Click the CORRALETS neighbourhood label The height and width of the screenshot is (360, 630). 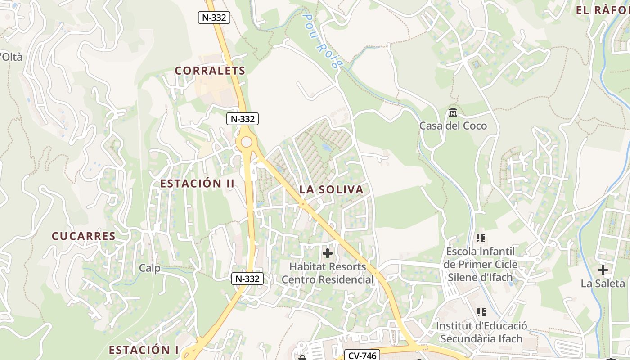click(x=210, y=71)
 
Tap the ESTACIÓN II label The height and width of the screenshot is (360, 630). click(x=198, y=184)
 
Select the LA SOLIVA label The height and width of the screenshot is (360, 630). click(x=331, y=189)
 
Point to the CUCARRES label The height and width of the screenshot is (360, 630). click(x=84, y=236)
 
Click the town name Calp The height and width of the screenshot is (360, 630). click(x=149, y=268)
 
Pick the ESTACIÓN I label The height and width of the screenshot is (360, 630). click(x=144, y=350)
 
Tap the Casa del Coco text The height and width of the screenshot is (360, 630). click(x=453, y=126)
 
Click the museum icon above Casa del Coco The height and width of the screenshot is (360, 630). click(x=453, y=112)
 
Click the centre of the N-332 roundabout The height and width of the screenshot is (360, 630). click(x=246, y=142)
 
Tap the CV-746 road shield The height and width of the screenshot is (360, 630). click(x=363, y=355)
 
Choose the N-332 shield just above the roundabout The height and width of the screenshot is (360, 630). click(x=243, y=119)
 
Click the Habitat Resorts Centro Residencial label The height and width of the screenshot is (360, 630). click(x=328, y=273)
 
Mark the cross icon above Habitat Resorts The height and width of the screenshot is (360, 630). click(x=328, y=253)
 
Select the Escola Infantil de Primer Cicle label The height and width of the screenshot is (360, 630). click(x=480, y=264)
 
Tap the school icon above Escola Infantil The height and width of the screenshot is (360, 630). click(x=481, y=238)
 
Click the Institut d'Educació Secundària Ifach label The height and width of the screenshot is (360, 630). click(x=481, y=332)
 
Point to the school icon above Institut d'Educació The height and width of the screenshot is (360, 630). click(x=481, y=312)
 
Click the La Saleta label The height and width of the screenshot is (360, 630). click(x=603, y=283)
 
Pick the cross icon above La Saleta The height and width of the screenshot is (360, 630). click(x=603, y=270)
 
